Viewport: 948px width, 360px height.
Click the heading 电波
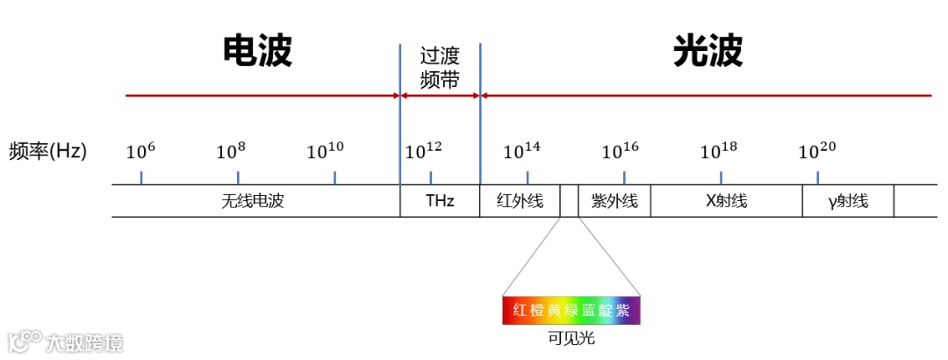click(256, 52)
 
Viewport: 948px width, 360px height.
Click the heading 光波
click(707, 52)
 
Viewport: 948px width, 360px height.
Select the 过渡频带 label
click(440, 68)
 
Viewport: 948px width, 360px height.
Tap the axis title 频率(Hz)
click(48, 150)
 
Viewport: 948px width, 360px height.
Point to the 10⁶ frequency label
click(140, 151)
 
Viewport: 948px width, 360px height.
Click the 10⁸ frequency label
click(231, 151)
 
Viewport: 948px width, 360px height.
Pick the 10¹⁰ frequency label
click(325, 151)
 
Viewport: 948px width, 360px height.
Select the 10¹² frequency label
click(423, 151)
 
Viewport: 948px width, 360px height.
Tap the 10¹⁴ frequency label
click(521, 151)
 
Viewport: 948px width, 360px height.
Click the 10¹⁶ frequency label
click(620, 151)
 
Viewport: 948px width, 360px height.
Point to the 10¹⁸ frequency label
click(718, 151)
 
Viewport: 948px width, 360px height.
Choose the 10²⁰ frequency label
click(816, 151)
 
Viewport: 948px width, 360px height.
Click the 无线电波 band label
click(254, 201)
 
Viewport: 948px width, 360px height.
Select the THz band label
click(440, 201)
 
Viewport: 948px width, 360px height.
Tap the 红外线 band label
click(520, 201)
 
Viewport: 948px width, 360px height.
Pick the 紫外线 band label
click(614, 201)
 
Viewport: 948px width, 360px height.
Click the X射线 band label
click(726, 201)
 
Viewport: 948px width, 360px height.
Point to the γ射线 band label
click(848, 201)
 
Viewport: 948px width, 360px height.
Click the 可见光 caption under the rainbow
click(571, 337)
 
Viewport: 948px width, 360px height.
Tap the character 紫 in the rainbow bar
click(622, 311)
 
